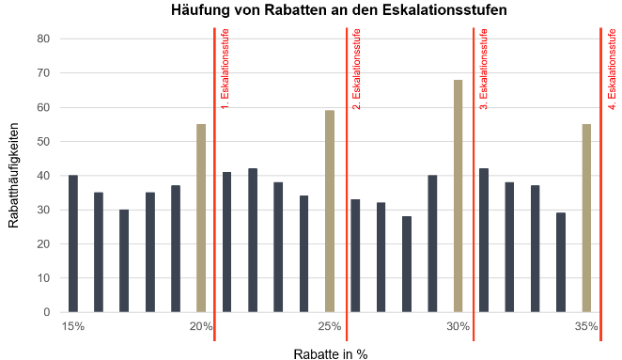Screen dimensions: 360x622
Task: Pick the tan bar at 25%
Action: [330, 211]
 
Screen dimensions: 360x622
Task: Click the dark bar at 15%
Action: [73, 243]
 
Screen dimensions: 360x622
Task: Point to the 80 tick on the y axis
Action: [43, 39]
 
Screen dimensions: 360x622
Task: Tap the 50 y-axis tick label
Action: [43, 141]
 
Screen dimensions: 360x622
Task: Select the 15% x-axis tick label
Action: [73, 326]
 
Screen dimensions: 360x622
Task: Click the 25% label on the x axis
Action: [330, 326]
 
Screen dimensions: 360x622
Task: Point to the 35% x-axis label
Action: [586, 326]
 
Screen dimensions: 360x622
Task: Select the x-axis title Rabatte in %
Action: [330, 353]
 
